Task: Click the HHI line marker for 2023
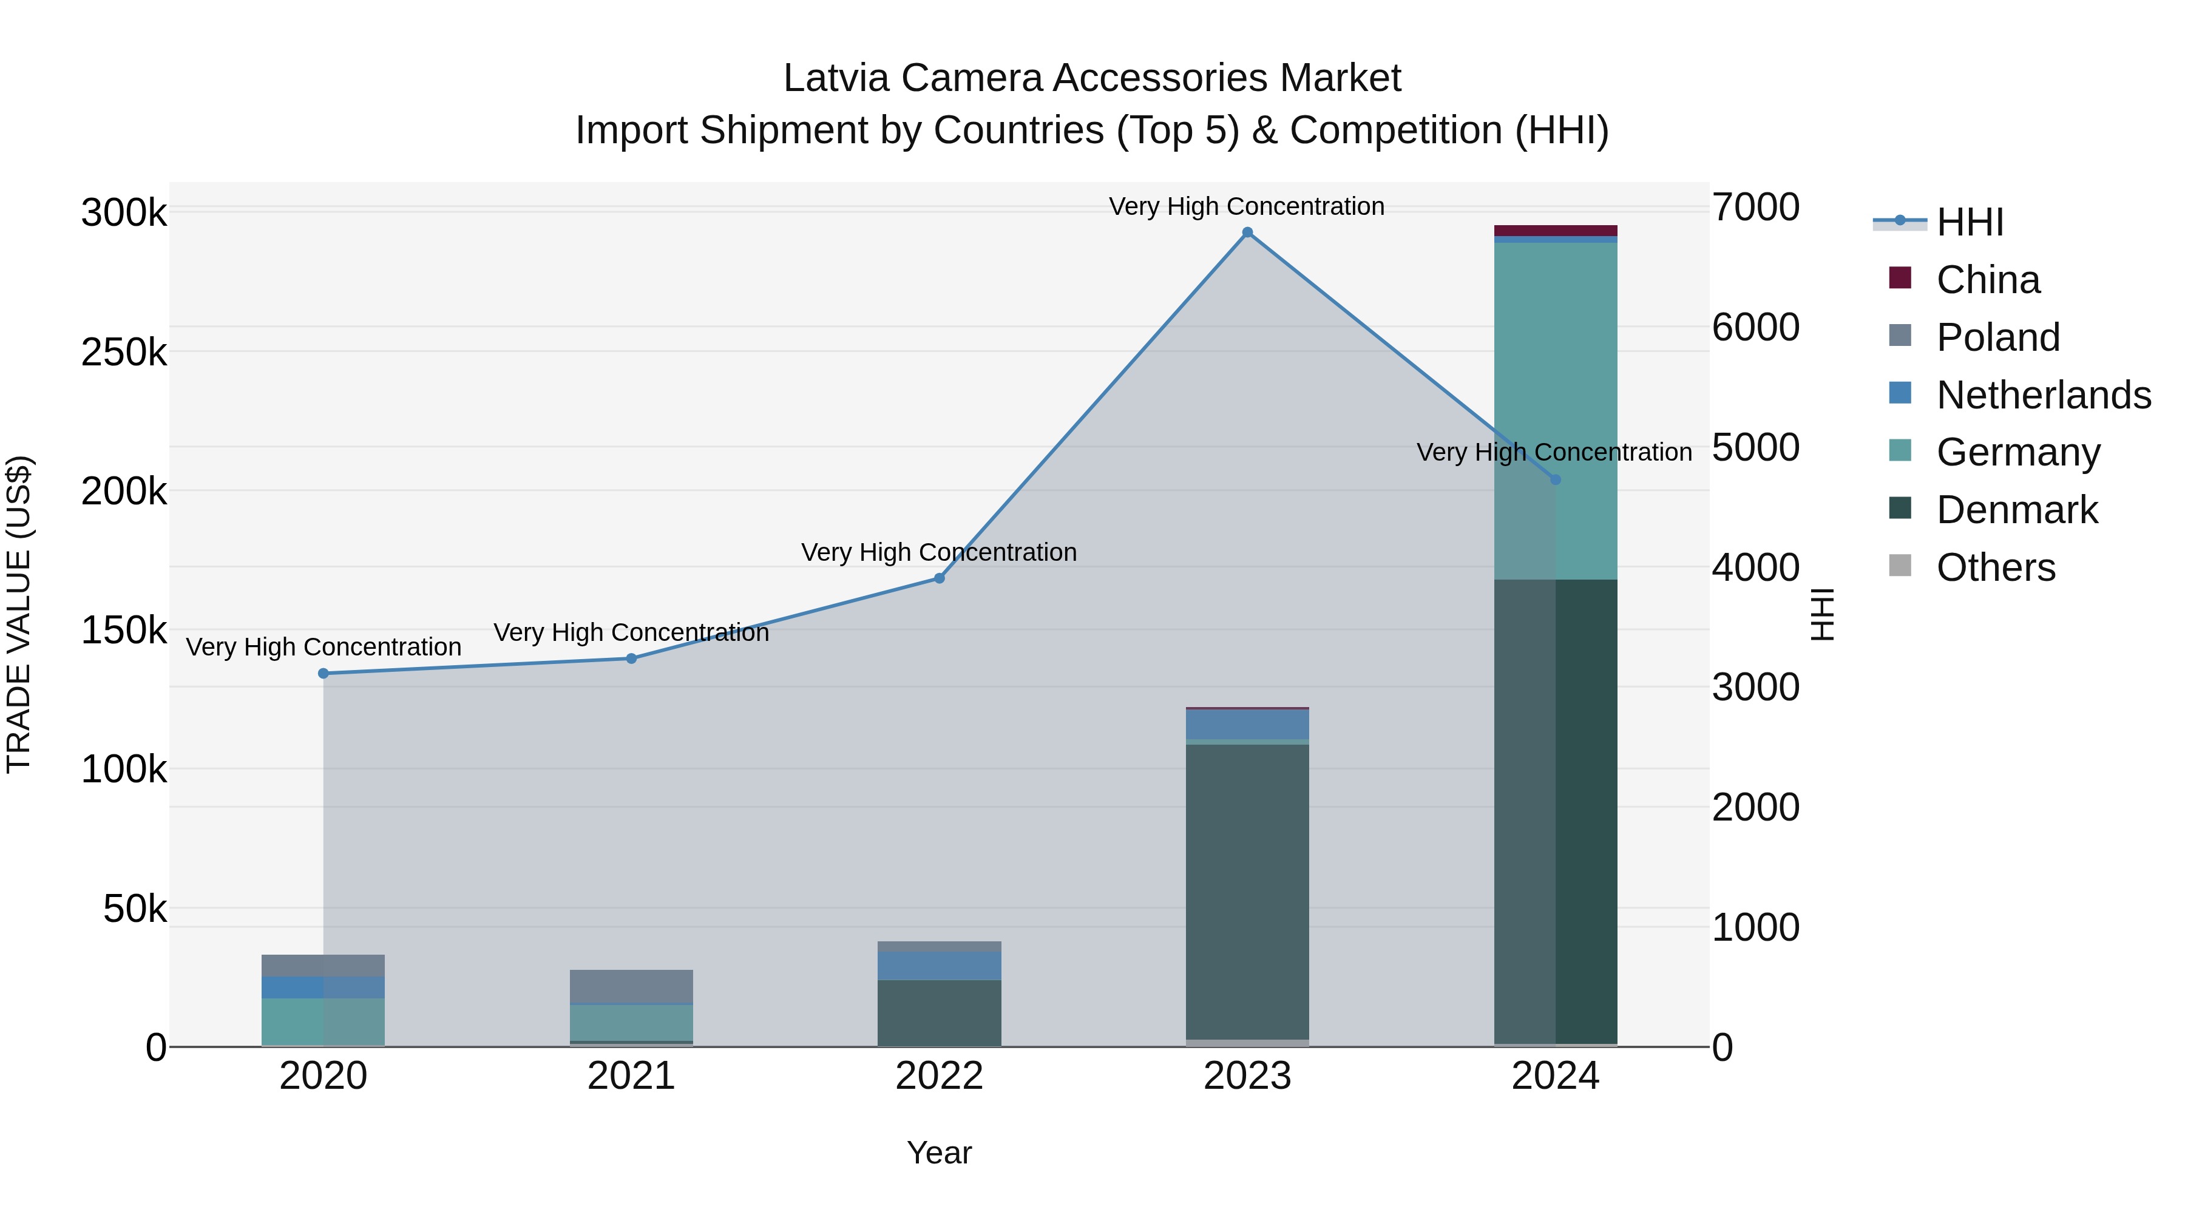tap(1247, 232)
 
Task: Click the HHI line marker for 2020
tap(323, 674)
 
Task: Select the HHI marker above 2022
tap(939, 578)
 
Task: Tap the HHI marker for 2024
tap(1556, 480)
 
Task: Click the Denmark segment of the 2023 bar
tap(1247, 890)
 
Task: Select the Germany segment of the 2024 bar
tap(1556, 407)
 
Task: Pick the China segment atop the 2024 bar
tap(1556, 231)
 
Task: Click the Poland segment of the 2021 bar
tap(631, 986)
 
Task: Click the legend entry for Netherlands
tap(2042, 395)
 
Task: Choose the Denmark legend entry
tap(2016, 510)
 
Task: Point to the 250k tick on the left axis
tap(124, 352)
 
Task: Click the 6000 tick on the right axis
tap(1755, 327)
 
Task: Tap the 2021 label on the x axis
tap(631, 1076)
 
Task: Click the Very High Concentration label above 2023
tap(1246, 206)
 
